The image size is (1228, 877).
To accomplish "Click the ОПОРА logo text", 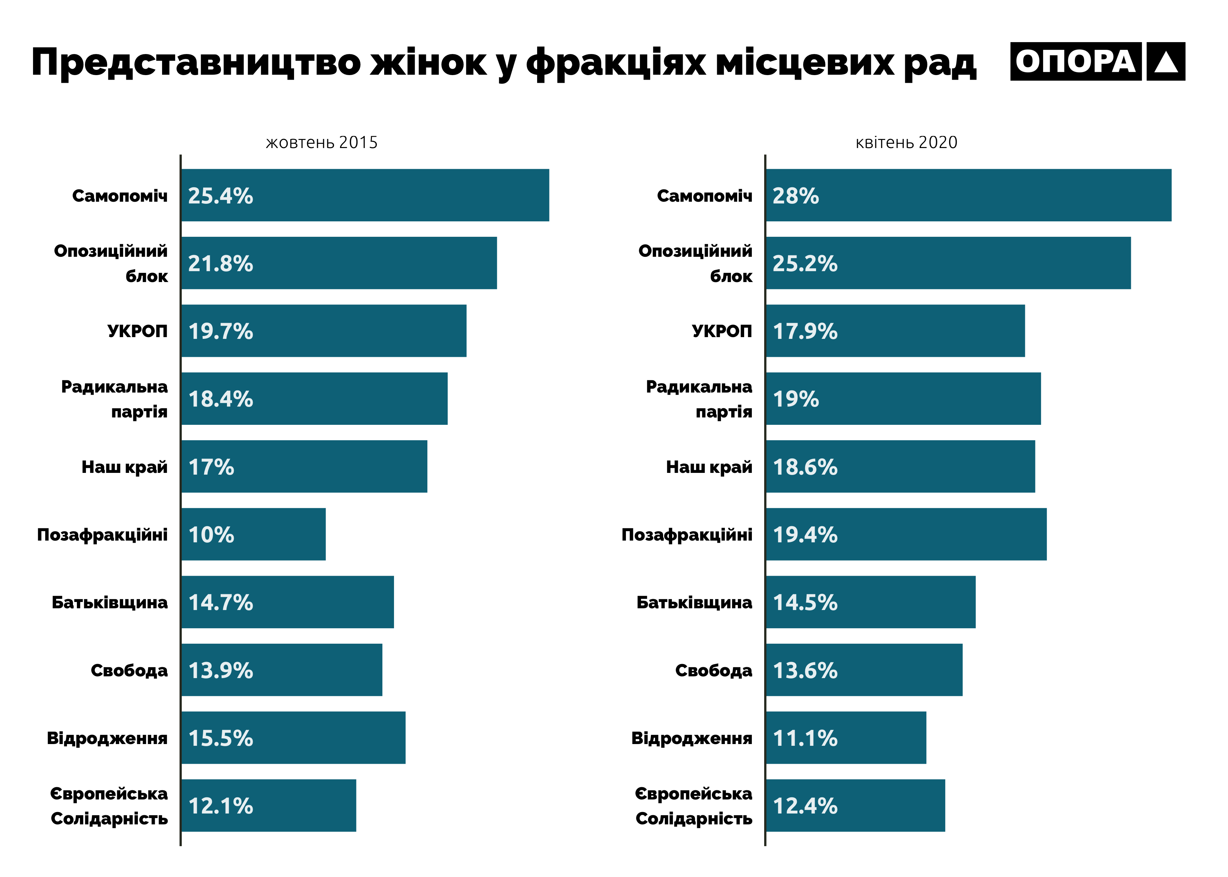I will [1075, 61].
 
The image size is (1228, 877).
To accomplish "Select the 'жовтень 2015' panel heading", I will [321, 142].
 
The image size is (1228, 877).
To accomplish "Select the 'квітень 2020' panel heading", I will [906, 142].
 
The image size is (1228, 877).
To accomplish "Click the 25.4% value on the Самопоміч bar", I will [220, 195].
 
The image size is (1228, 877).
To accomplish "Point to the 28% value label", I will [795, 195].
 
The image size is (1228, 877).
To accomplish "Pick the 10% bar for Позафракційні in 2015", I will [253, 534].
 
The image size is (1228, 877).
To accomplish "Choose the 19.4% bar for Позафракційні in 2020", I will [906, 534].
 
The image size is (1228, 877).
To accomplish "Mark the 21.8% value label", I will [220, 263].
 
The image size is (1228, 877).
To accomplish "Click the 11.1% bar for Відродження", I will [846, 738].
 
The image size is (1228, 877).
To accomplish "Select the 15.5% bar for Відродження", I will [293, 738].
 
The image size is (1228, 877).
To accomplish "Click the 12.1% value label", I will [220, 806].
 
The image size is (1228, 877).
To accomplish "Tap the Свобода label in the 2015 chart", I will [129, 670].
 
